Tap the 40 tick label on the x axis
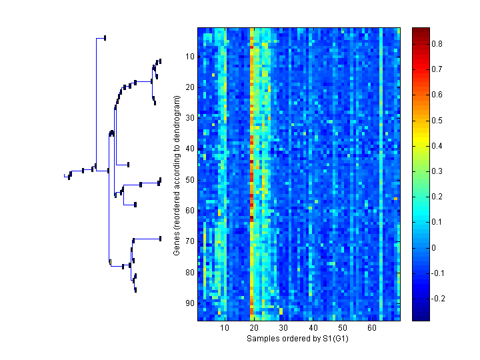coord(313,328)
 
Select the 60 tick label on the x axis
coord(371,328)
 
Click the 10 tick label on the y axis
coord(190,57)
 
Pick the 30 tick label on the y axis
coord(190,118)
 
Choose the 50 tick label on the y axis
coord(190,180)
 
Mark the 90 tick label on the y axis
coord(190,303)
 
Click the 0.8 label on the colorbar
coord(437,43)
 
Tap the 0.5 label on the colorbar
coord(437,120)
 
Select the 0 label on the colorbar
coord(435,248)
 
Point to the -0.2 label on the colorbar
coord(439,299)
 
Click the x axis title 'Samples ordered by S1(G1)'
coord(298,339)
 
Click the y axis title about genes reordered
coord(177,175)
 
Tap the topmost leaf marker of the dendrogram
coord(105,37)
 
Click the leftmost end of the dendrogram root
coord(65,176)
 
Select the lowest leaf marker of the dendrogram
coord(135,290)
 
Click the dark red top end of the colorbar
coord(420,30)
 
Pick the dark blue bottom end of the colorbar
coord(420,319)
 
